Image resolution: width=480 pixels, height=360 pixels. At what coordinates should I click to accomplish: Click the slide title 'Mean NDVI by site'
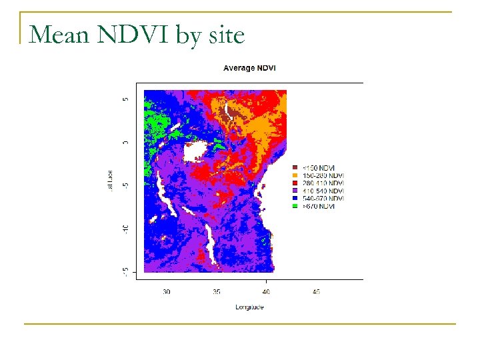(137, 35)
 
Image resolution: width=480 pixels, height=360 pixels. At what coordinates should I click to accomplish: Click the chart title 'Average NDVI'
(249, 68)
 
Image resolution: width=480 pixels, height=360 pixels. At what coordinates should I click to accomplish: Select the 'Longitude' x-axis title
(249, 307)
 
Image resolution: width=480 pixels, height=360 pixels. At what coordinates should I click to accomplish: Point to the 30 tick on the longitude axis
(166, 291)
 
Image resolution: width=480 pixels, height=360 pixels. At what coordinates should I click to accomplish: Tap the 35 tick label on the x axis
(217, 291)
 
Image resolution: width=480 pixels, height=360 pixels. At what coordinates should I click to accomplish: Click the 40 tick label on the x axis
(266, 291)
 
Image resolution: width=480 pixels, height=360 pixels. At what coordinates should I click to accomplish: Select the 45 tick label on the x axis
(317, 291)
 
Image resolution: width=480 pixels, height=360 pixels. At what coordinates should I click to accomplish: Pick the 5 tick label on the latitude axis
(125, 99)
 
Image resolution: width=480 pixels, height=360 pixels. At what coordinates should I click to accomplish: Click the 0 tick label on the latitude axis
(125, 142)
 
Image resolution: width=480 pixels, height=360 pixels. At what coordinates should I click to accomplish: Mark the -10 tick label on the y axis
(125, 229)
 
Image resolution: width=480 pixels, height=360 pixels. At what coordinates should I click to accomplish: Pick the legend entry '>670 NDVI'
(319, 207)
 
